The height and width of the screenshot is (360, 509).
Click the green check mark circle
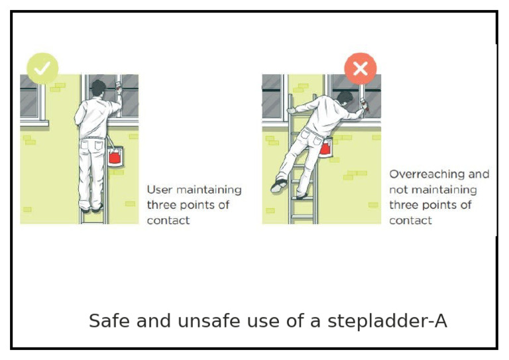point(42,68)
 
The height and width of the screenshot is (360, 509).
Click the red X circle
point(360,68)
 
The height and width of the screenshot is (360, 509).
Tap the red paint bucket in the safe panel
point(114,156)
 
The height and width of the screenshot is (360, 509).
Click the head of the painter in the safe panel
point(98,88)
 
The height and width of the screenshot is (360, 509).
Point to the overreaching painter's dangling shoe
point(278,186)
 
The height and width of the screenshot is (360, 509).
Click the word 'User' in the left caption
point(159,190)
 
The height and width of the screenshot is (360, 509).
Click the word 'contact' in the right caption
point(410,220)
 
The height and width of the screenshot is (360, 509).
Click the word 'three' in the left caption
point(161,205)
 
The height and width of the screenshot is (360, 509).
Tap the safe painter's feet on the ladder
point(91,208)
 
